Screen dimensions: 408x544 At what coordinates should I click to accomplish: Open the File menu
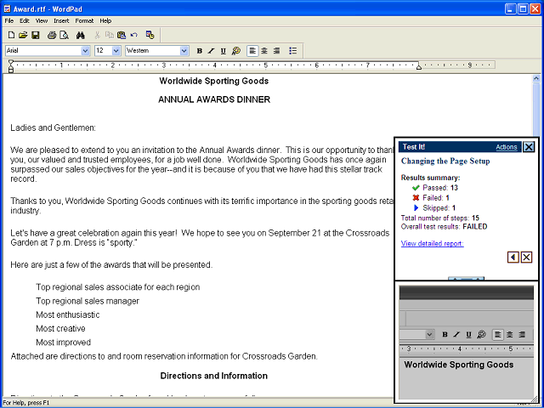coord(8,20)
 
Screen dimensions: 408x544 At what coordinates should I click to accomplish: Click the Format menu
coord(84,20)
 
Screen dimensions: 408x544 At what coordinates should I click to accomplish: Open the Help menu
coord(105,20)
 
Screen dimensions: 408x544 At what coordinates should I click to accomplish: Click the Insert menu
coord(61,20)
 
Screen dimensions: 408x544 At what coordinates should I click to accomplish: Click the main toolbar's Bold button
coord(200,51)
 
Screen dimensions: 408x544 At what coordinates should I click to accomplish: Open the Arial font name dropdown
coord(85,51)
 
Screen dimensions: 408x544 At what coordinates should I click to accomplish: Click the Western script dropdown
coord(184,51)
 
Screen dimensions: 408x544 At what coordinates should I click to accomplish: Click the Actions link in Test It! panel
coord(506,147)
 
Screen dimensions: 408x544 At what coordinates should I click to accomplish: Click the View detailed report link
coord(432,243)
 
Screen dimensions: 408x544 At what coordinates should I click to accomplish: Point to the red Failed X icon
coord(416,197)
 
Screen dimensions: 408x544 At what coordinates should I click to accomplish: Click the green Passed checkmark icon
coord(416,187)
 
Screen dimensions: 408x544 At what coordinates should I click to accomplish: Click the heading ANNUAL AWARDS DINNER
coord(214,99)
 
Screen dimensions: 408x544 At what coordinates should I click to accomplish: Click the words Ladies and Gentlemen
coord(53,127)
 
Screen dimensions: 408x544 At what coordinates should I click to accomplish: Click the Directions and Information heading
coord(214,375)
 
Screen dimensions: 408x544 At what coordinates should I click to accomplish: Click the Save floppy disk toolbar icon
coord(35,35)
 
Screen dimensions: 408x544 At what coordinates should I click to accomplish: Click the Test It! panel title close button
coord(529,147)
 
